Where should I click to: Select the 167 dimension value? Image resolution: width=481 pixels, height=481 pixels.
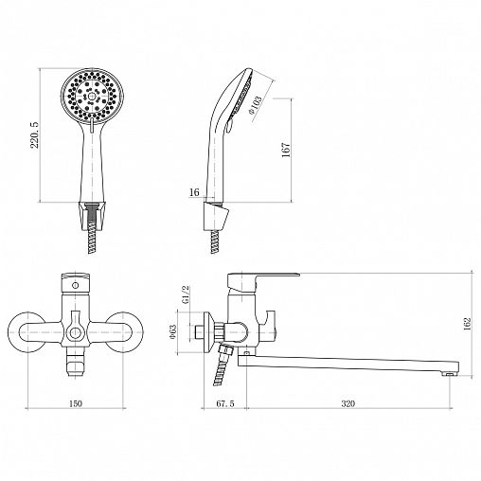coord(286,150)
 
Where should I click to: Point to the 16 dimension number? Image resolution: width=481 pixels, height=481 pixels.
coord(195,192)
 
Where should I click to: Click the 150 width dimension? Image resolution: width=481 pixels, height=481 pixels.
coord(76,403)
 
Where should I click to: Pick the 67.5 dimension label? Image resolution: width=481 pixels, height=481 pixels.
coord(225,403)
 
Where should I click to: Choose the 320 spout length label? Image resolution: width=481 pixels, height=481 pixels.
coord(348,403)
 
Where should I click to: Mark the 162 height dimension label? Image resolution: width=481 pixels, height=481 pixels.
coord(467,324)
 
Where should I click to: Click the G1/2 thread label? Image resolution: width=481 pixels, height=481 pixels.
coord(186,294)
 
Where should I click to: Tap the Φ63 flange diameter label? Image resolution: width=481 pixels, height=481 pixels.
coord(172,332)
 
